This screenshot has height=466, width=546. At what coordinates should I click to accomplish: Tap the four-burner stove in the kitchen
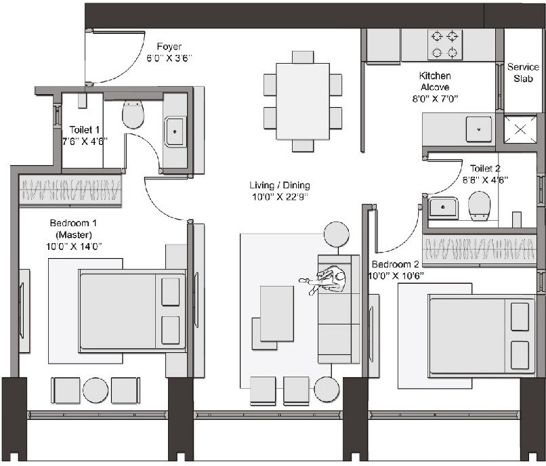[445, 45]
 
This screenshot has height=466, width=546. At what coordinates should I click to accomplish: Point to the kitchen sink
[479, 128]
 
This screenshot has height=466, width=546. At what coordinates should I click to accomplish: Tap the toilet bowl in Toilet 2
[480, 205]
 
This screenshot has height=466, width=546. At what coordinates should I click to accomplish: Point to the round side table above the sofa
[336, 234]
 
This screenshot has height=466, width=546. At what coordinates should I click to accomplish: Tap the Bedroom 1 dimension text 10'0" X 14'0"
[75, 247]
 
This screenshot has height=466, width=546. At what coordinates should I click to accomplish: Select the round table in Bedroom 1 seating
[96, 391]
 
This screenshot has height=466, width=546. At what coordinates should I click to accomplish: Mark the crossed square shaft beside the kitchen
[521, 129]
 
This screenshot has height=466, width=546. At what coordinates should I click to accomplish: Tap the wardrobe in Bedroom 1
[70, 190]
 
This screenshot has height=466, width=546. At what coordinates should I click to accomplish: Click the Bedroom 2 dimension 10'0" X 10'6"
[396, 276]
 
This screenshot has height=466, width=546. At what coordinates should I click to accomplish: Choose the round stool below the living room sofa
[327, 389]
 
